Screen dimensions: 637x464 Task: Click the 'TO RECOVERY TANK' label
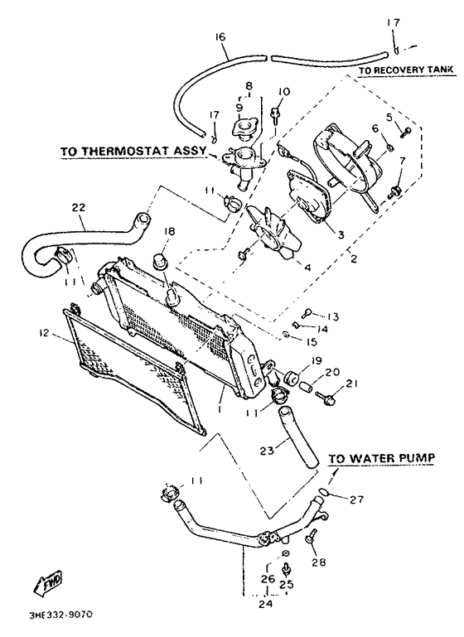406,72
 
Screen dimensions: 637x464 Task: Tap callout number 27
356,499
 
